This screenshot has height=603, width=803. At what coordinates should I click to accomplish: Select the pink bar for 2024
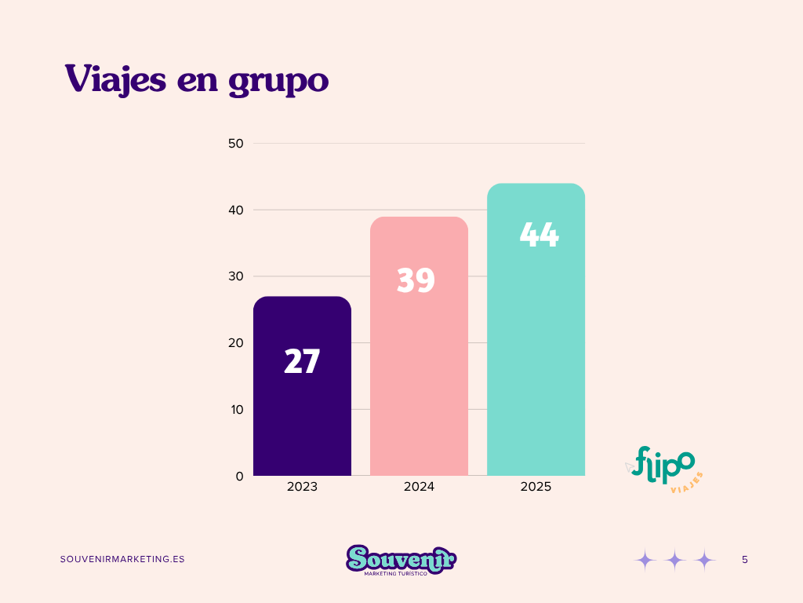click(x=419, y=377)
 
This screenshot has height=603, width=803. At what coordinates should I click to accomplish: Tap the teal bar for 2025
click(x=536, y=353)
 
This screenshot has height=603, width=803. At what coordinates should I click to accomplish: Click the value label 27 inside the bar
click(x=302, y=362)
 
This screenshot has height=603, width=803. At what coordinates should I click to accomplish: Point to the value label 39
click(x=416, y=280)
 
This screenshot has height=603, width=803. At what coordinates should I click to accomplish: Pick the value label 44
click(x=539, y=235)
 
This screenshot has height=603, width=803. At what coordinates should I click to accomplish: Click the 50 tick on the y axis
click(x=235, y=144)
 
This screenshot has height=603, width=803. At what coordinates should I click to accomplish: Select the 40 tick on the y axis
click(x=235, y=210)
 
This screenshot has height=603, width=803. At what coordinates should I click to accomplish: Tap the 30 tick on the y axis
click(x=235, y=276)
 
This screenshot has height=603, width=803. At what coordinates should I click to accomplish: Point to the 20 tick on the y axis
click(x=235, y=343)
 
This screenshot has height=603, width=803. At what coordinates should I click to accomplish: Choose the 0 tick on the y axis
click(x=238, y=476)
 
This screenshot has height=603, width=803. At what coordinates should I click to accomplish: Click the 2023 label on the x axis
click(x=302, y=487)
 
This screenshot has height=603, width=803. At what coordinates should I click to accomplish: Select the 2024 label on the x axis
click(x=419, y=487)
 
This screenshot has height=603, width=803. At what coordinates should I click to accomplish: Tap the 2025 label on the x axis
click(x=536, y=487)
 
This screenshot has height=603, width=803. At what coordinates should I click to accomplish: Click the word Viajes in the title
click(x=115, y=79)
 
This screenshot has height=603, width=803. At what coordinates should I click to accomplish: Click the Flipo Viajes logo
click(x=663, y=469)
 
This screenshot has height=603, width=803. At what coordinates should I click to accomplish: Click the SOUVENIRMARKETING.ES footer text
click(x=122, y=559)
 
